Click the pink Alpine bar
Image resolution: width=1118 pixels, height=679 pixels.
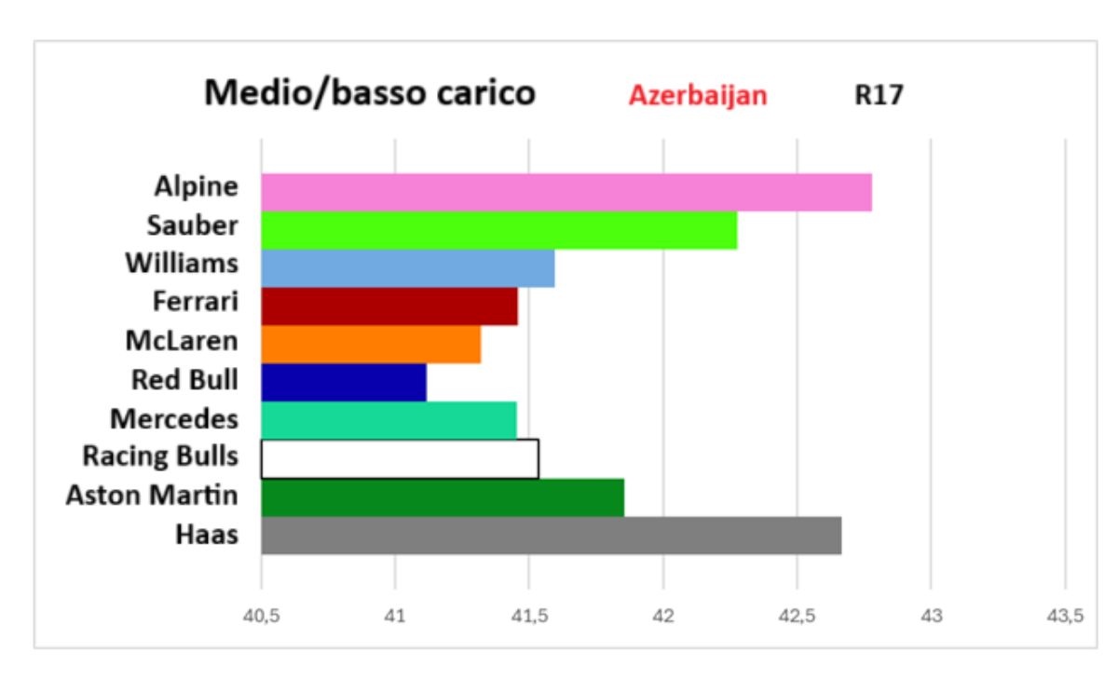[566, 192]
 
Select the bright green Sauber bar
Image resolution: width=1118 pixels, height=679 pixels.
[498, 230]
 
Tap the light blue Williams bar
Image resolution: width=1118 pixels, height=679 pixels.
[407, 268]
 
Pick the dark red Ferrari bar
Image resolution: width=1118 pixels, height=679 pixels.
[389, 306]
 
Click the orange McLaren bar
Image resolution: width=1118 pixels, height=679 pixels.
[371, 345]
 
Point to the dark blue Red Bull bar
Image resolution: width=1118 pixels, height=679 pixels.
[343, 383]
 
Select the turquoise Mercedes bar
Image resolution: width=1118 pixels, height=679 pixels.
[389, 421]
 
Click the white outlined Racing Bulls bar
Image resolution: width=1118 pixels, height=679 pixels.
[399, 459]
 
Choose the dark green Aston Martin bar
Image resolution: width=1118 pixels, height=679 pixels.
[443, 497]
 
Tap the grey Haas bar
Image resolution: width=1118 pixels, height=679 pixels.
[551, 536]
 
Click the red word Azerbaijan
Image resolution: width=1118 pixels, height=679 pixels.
[698, 96]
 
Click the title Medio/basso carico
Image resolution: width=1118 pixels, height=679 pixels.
[370, 93]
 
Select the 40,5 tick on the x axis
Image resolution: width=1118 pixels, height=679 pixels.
[261, 616]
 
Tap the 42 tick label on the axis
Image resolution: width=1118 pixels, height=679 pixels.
[662, 616]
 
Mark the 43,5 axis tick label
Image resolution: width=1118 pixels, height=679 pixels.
[1064, 616]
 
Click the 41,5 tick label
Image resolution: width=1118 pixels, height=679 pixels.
[528, 616]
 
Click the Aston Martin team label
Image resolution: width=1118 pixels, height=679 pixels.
[152, 496]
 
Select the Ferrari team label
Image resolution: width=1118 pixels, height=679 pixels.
[196, 303]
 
